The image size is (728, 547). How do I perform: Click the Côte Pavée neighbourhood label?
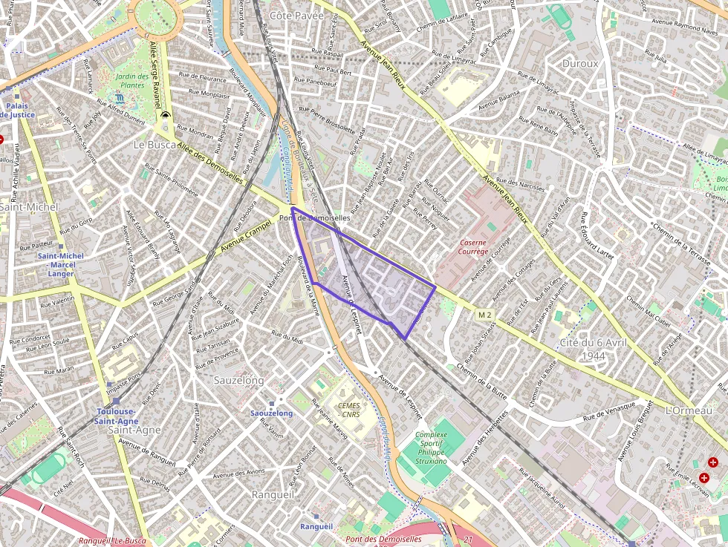tap(296, 15)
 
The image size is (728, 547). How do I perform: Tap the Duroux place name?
tap(580, 64)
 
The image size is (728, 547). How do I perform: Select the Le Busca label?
tap(154, 144)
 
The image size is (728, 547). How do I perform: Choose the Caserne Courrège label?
tap(474, 246)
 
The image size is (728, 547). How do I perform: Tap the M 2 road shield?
tap(485, 315)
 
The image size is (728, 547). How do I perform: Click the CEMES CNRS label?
tap(348, 410)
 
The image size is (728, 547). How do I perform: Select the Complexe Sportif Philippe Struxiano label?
tap(431, 448)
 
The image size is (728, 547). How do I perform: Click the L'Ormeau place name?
tap(689, 410)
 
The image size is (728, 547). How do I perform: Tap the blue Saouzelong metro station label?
tap(271, 413)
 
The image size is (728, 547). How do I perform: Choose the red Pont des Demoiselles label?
tap(383, 540)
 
